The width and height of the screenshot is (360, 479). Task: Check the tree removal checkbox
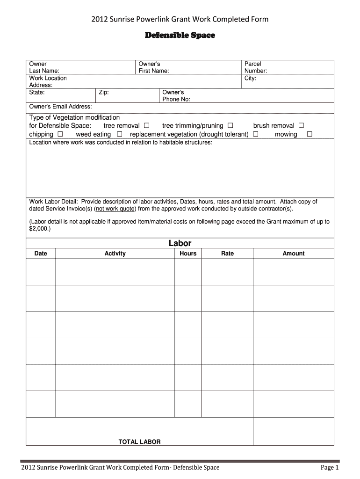(147, 126)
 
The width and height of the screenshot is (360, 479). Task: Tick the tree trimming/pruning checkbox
(230, 126)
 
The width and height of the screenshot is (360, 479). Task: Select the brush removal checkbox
(301, 126)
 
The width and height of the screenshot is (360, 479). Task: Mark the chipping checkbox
(60, 134)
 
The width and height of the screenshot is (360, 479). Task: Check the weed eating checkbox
(120, 134)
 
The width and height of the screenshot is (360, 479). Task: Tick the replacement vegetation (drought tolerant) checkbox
(256, 134)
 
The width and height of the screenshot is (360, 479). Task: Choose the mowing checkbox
(309, 134)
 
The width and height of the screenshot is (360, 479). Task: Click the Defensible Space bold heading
(180, 36)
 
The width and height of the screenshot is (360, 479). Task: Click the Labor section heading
(180, 243)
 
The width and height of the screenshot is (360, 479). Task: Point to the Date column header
(41, 254)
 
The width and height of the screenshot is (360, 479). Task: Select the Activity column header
(115, 254)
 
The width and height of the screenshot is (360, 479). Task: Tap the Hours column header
(188, 254)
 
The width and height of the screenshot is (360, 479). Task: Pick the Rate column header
(227, 254)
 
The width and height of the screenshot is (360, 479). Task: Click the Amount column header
(294, 254)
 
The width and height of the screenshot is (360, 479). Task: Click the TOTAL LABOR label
(139, 442)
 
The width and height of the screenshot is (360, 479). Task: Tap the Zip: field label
(104, 93)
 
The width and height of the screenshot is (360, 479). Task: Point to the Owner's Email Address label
(60, 107)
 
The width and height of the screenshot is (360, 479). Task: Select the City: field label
(250, 78)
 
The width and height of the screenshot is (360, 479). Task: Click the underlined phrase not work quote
(115, 209)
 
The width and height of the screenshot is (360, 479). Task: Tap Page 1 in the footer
(329, 467)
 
